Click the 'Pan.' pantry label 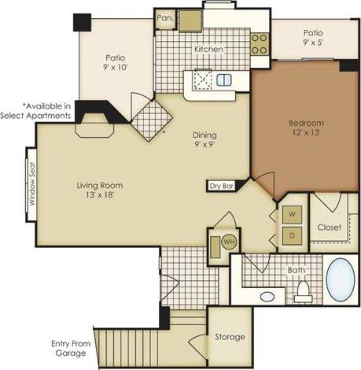(164, 17)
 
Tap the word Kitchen (209, 49)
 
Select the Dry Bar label (221, 187)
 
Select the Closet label (330, 227)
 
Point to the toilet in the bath (302, 293)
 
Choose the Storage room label (230, 337)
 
